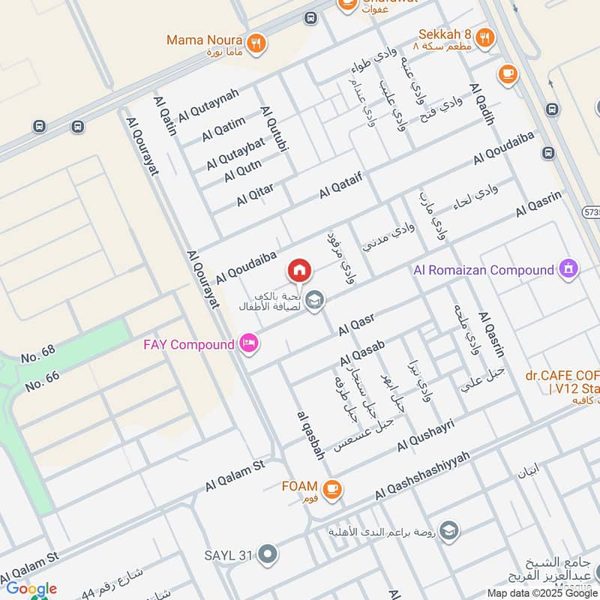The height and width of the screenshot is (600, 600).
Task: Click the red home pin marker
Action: coord(299,270)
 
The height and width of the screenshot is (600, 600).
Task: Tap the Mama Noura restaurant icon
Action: coord(257,42)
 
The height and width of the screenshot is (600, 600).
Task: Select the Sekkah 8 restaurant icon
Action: coord(486,37)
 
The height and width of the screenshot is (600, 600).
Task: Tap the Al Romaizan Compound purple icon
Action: coord(569,268)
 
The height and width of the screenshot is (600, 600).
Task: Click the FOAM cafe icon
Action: coord(333,487)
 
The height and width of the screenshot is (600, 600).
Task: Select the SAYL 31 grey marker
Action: coord(268,555)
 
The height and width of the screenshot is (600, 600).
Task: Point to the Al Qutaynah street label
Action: coord(208,105)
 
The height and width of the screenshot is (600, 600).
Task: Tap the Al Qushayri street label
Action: coord(426,436)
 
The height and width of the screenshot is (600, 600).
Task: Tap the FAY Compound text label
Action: coord(188,345)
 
